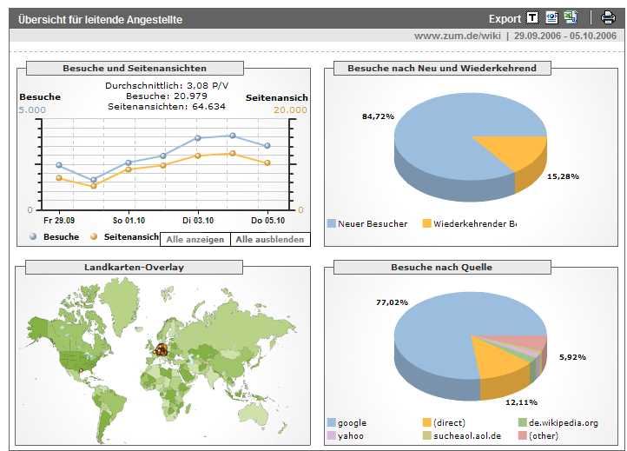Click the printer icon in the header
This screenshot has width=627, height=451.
[x=608, y=18]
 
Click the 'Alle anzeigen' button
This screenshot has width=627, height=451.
[x=195, y=239]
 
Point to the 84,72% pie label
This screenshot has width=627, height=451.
[x=379, y=116]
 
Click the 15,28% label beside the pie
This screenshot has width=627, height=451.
[x=564, y=176]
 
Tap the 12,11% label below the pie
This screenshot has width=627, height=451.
[x=520, y=402]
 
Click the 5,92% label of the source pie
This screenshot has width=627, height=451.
[x=573, y=356]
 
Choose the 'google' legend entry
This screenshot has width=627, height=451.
[x=352, y=423]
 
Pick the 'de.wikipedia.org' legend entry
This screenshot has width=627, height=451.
[x=563, y=423]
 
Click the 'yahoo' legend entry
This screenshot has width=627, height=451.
[x=350, y=436]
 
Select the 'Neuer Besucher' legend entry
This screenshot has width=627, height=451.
[x=372, y=224]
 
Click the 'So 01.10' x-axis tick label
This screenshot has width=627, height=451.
[x=129, y=221]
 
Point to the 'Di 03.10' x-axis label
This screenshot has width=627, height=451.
[x=198, y=221]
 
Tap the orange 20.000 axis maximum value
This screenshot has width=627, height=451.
[x=290, y=110]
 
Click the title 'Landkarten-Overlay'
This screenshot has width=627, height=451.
[x=134, y=268]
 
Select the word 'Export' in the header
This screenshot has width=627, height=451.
[x=505, y=18]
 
